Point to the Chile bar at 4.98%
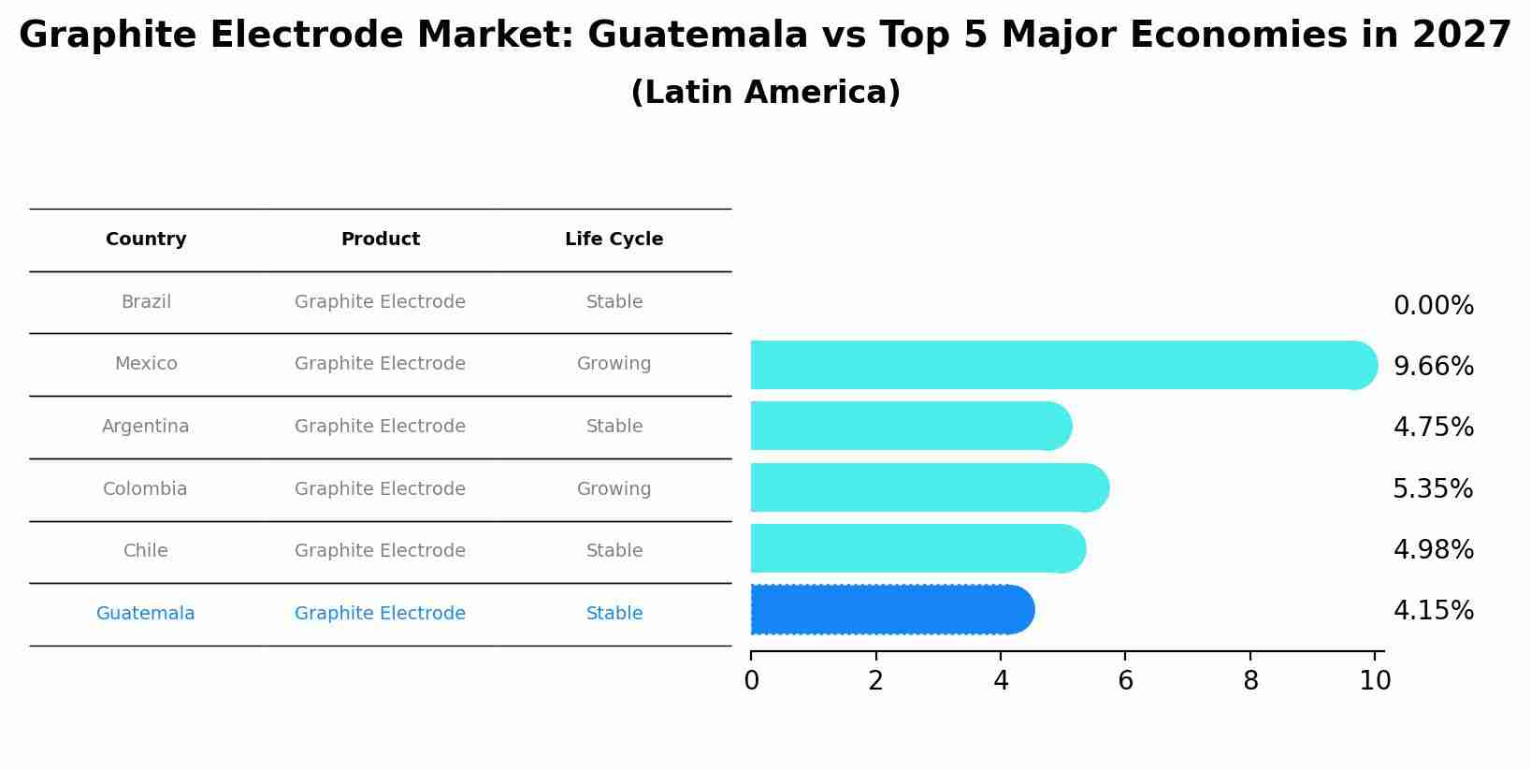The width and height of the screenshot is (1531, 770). (x=917, y=548)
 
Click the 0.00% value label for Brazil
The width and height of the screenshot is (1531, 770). (x=1433, y=306)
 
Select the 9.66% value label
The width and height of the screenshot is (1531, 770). (x=1433, y=366)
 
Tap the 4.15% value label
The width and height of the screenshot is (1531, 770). (x=1433, y=611)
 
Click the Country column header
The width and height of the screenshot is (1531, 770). (x=146, y=240)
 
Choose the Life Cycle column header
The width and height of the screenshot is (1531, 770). (x=614, y=240)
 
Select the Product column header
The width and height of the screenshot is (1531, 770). (x=380, y=240)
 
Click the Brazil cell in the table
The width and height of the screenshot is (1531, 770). (x=146, y=302)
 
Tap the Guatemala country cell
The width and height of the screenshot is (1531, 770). (x=146, y=614)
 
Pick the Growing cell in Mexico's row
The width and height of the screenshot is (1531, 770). (x=614, y=364)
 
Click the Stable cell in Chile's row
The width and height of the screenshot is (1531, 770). (x=614, y=551)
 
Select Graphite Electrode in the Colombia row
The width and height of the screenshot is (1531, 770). (x=380, y=489)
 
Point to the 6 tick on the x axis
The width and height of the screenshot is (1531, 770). (x=1125, y=681)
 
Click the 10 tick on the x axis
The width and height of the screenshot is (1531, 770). (x=1375, y=681)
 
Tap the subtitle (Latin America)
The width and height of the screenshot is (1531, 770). (x=765, y=93)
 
